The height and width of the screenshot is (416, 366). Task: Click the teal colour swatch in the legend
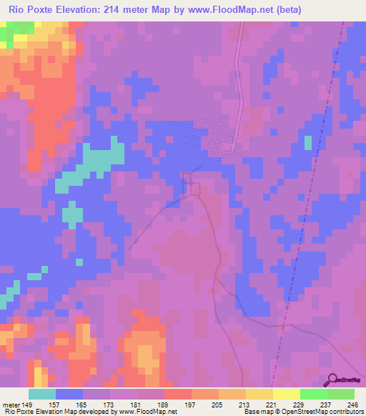point(42,394)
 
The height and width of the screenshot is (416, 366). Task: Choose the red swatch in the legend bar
point(178,394)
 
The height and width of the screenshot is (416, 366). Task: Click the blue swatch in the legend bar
point(69,394)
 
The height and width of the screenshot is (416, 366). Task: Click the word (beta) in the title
point(282,10)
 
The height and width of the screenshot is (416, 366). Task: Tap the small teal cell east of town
point(308,142)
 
